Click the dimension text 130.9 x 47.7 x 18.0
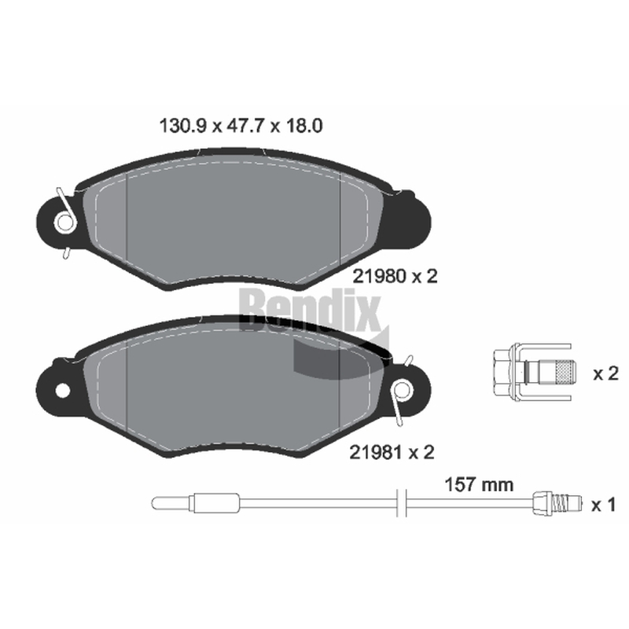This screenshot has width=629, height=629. pos(241,126)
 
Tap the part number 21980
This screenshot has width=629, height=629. pos(378,277)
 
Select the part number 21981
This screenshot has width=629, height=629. pos(376,453)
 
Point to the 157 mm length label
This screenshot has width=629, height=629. pos(479,485)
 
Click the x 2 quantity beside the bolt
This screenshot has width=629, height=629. pos(605,374)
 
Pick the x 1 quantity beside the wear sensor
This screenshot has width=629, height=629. pos(603,506)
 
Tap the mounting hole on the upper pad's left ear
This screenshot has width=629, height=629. pos(64,222)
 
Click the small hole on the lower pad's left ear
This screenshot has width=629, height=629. pos(63,391)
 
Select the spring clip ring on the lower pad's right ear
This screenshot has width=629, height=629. pos(402,391)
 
